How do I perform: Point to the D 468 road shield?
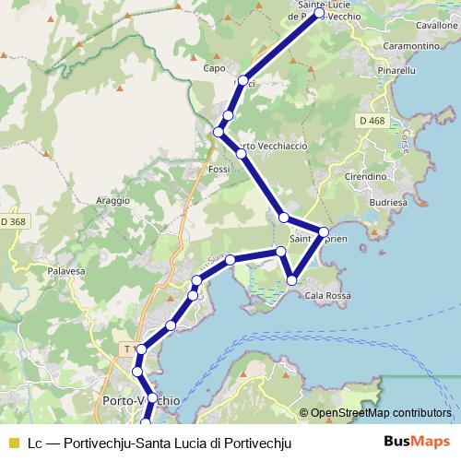click(x=372, y=121)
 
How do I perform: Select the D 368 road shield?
click(x=13, y=221)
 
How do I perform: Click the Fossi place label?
click(x=219, y=170)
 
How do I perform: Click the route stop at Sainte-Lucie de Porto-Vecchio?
click(x=319, y=14)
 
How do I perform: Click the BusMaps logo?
click(x=423, y=442)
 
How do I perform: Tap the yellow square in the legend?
click(x=13, y=443)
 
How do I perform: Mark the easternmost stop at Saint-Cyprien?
click(x=324, y=231)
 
